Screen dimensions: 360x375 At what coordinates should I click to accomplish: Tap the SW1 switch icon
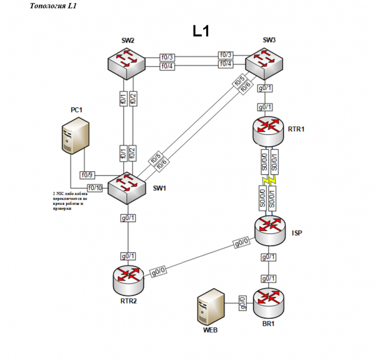tap(127, 186)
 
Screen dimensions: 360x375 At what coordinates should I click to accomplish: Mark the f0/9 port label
tap(87, 175)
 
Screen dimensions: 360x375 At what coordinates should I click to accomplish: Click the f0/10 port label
tap(96, 187)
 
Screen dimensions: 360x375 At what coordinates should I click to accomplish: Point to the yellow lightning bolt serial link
tap(268, 181)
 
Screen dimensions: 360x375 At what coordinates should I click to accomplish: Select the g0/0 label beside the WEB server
tap(242, 302)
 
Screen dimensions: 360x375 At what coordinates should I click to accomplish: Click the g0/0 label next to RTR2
tap(158, 273)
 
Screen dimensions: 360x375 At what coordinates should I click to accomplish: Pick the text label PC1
tap(76, 110)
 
